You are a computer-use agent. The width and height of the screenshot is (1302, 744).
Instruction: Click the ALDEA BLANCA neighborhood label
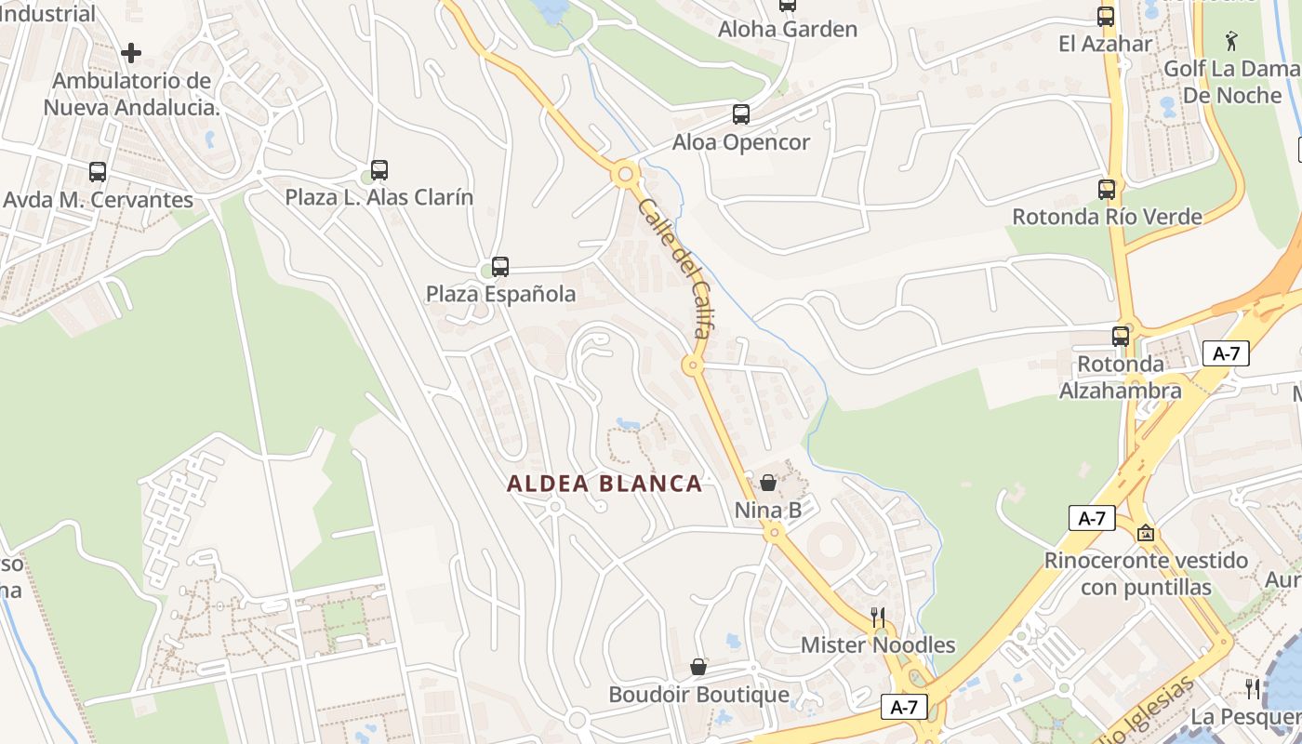604,484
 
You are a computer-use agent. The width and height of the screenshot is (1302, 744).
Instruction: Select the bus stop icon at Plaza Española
500,267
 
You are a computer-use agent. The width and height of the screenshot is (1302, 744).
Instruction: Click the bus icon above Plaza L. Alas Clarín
379,169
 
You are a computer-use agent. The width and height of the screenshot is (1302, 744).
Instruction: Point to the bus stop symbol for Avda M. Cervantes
98,171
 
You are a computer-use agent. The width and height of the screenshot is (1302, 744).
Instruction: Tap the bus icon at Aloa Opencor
741,114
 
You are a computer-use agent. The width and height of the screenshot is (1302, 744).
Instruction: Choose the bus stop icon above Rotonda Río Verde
1107,190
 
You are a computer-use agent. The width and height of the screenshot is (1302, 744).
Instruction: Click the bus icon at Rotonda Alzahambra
1121,336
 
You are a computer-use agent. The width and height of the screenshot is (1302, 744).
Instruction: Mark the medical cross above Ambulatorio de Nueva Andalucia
131,52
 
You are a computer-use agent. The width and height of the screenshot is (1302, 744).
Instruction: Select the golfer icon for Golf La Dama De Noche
1232,40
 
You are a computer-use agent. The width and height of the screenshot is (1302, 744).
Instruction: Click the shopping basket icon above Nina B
768,482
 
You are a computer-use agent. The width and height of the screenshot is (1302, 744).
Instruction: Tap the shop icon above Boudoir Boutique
698,667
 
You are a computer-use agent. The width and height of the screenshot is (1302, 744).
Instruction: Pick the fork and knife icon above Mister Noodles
877,617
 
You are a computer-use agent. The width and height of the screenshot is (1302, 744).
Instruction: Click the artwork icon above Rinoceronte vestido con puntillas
1146,533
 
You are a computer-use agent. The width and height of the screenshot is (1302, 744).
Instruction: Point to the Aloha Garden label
788,29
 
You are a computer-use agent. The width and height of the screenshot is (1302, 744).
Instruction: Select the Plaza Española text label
500,294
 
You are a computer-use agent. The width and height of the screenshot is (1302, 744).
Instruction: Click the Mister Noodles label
878,644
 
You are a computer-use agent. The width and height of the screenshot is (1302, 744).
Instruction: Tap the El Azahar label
1106,44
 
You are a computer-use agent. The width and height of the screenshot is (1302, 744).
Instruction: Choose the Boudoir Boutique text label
698,695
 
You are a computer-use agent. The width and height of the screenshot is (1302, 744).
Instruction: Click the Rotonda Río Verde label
1107,217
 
